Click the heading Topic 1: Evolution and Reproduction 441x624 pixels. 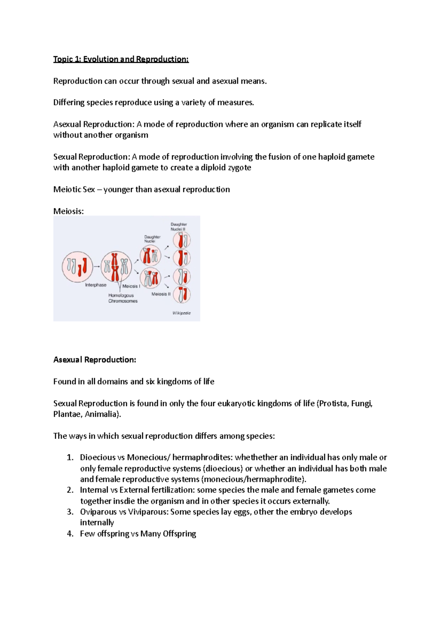[x=121, y=59]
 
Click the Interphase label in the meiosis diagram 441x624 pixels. [x=96, y=285]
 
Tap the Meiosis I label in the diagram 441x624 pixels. [x=131, y=286]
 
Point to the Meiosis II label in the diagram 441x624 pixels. [x=161, y=294]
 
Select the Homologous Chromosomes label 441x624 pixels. [x=122, y=298]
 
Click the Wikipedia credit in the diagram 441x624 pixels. [x=182, y=313]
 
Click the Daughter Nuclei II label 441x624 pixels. [x=179, y=226]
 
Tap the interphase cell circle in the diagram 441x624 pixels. [x=77, y=267]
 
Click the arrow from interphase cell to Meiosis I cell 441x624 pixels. [x=97, y=266]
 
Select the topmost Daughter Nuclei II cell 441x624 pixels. [x=182, y=241]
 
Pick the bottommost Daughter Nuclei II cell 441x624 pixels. [x=182, y=294]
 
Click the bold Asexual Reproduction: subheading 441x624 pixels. [x=94, y=360]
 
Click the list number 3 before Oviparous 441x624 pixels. [x=70, y=512]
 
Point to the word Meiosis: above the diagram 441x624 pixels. [x=68, y=211]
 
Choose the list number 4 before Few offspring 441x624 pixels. [x=70, y=534]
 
